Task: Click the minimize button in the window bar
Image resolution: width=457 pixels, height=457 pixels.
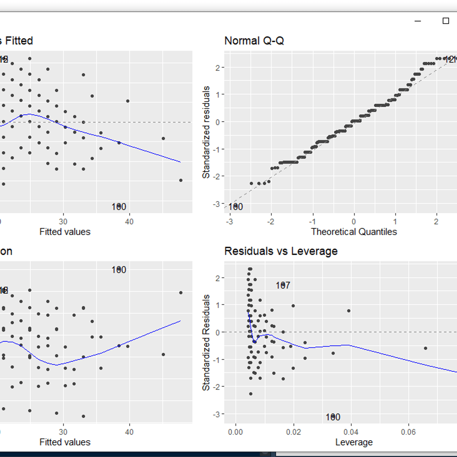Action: tap(418, 21)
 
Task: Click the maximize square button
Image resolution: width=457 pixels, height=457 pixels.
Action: tap(446, 21)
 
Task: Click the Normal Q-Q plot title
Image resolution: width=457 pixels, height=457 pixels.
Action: tap(254, 41)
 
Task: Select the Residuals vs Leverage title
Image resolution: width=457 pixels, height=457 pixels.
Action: tap(281, 251)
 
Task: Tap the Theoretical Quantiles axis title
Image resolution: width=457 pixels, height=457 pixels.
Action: tap(353, 232)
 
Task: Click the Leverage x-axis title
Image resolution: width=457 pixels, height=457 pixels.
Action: tap(354, 442)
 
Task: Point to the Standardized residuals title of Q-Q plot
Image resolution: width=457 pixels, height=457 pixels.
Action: tap(206, 132)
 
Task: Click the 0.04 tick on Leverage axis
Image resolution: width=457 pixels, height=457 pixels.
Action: tap(351, 432)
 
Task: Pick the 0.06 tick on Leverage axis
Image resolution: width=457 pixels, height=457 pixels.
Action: tap(408, 432)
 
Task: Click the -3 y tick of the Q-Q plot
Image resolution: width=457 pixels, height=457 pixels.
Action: tap(217, 204)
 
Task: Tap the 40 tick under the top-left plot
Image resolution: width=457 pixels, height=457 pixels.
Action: tap(129, 222)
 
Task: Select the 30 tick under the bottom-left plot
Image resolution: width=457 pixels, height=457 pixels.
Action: tap(63, 432)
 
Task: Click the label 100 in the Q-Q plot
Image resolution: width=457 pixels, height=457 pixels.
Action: tap(235, 207)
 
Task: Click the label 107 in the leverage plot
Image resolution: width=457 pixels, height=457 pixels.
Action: tap(283, 285)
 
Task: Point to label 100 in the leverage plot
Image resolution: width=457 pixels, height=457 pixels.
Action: tap(333, 417)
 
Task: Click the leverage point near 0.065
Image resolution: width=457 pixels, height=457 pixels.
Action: tap(425, 348)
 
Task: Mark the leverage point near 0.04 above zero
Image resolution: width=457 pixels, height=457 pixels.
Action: tap(348, 311)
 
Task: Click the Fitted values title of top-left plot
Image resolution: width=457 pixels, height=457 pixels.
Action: tap(65, 232)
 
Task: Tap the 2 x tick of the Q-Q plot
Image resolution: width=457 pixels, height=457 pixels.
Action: tap(436, 222)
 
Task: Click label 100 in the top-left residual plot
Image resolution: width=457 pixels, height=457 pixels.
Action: tap(119, 207)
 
